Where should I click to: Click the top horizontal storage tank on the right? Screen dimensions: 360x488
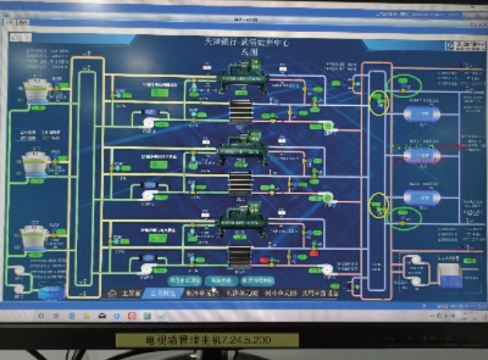[x=421, y=115]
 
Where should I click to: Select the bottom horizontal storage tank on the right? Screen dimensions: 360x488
[x=421, y=196]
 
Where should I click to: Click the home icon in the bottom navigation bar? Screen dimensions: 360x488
[x=113, y=293]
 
